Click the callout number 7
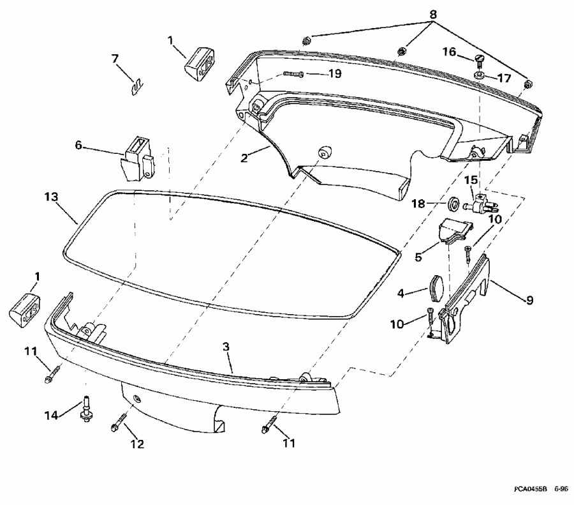click(115, 59)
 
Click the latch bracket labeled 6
click(138, 156)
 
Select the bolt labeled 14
click(84, 409)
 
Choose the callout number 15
click(470, 180)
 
